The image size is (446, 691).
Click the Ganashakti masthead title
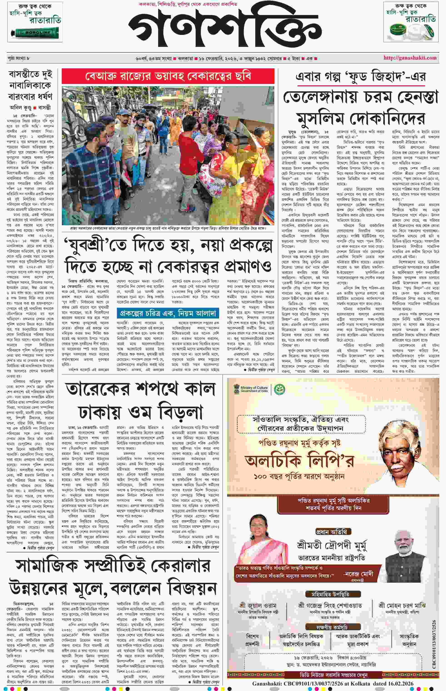coord(225,28)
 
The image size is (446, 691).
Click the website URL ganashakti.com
coord(410,58)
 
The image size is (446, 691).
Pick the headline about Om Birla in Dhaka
coord(141,401)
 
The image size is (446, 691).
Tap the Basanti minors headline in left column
coord(30,85)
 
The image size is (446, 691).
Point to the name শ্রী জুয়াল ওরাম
coord(258,606)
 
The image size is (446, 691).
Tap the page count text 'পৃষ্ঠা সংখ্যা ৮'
coord(19,58)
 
